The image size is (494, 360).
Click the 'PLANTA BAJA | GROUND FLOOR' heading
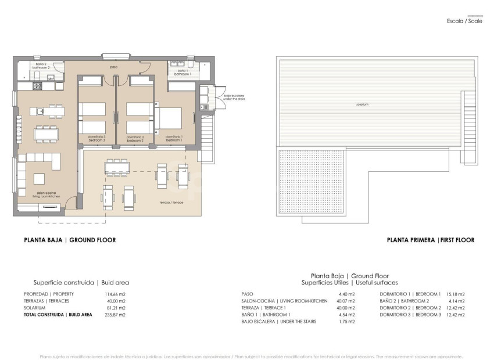[69, 240]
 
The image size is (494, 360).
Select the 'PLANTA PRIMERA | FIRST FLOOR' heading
[430, 240]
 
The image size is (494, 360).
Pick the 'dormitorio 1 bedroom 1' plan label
[174, 139]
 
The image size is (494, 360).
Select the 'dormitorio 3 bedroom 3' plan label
[96, 139]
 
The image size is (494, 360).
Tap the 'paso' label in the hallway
[114, 67]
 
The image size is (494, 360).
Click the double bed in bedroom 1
[169, 118]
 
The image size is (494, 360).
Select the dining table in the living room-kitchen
[45, 134]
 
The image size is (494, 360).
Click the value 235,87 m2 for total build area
[116, 314]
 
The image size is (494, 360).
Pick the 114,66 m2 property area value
[116, 294]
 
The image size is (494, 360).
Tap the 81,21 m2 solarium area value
[116, 307]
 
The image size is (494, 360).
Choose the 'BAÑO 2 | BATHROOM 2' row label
[405, 301]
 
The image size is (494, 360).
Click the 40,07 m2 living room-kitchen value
[345, 301]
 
